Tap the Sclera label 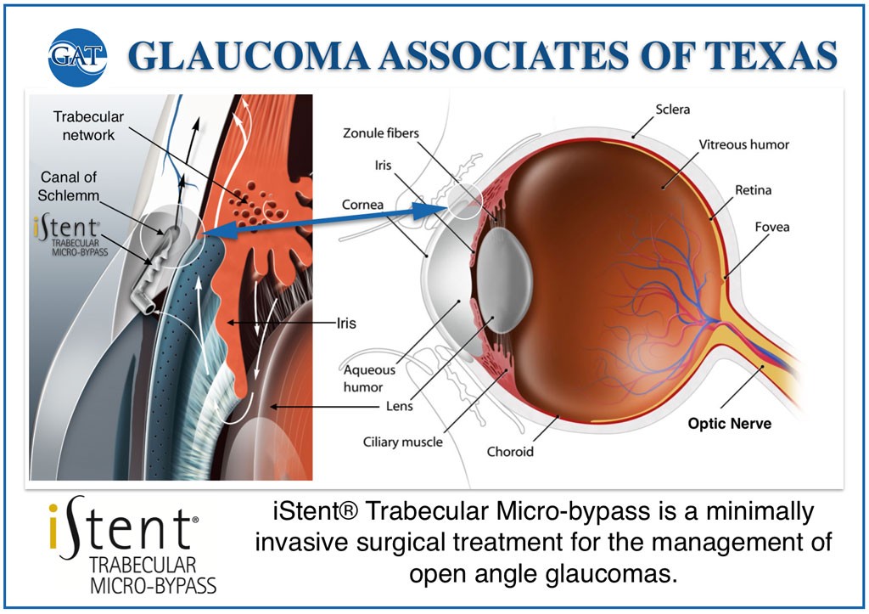673,110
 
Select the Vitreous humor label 743,144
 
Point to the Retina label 753,189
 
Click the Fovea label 772,227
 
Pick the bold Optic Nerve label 730,423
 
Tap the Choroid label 510,452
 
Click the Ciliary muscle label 403,442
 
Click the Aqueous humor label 369,379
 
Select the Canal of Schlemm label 72,187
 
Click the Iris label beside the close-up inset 345,323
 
